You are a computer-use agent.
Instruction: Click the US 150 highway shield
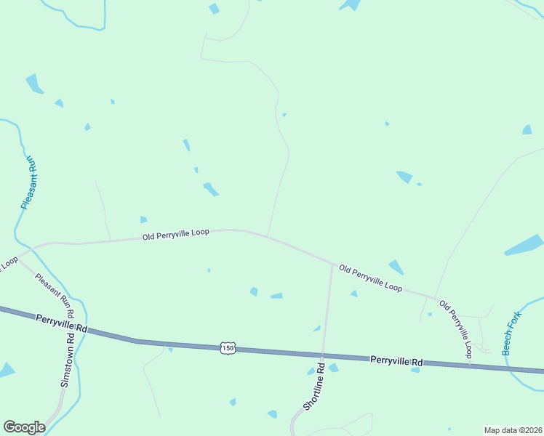point(228,349)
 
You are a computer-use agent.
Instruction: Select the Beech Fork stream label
point(516,334)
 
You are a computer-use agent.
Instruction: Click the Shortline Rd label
point(313,385)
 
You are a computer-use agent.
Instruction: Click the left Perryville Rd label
point(61,324)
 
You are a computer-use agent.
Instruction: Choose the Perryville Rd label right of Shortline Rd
point(396,360)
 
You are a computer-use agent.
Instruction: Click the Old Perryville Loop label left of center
point(175,234)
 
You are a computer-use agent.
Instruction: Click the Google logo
point(24,427)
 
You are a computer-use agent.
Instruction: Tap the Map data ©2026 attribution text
point(512,429)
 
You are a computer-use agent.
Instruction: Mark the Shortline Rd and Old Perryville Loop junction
point(332,265)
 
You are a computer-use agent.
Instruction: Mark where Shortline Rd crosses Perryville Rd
point(322,355)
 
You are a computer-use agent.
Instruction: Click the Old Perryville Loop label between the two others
point(371,279)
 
